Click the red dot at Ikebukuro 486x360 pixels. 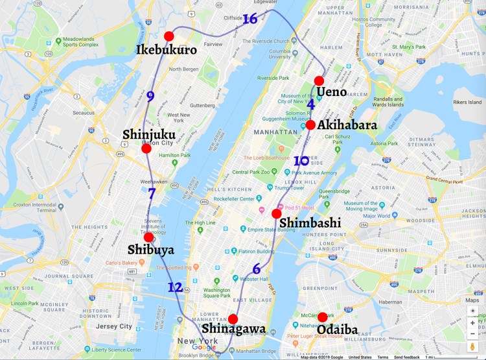[x=169, y=36]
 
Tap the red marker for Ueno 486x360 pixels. [x=319, y=81]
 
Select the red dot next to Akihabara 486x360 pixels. [x=311, y=125]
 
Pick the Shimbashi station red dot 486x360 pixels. [x=277, y=213]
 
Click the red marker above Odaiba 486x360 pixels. [x=322, y=317]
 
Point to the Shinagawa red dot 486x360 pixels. [x=233, y=318]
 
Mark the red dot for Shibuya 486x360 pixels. [x=148, y=237]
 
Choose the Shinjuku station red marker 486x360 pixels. [x=146, y=149]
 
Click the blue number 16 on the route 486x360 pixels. [x=250, y=19]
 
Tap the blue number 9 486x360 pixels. [x=150, y=97]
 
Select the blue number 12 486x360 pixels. [x=175, y=287]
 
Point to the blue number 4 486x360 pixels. [x=311, y=104]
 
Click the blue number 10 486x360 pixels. [x=301, y=161]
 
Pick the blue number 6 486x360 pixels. [x=257, y=269]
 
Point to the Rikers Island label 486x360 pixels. [x=467, y=102]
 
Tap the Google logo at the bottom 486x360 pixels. [x=203, y=347]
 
